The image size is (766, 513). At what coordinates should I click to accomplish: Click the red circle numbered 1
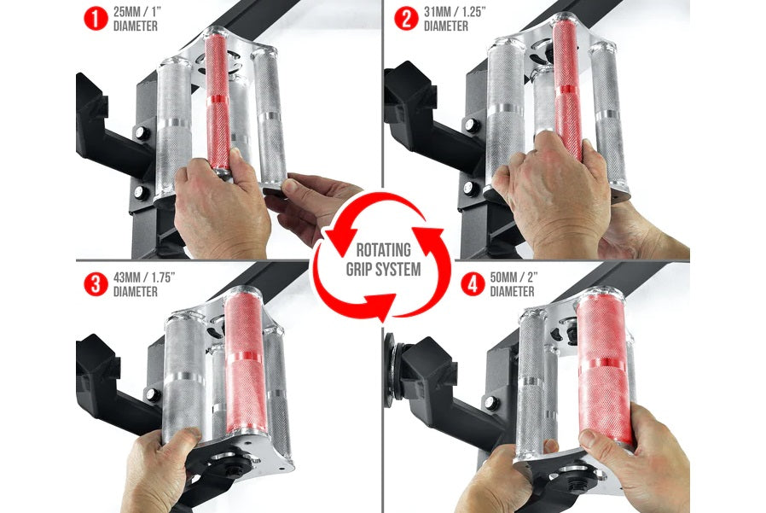96,19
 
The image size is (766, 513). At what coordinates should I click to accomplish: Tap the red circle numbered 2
406,19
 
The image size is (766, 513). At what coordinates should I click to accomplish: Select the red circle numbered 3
96,284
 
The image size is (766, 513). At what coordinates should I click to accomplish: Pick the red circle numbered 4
473,284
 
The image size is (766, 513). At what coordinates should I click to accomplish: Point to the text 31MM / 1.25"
455,11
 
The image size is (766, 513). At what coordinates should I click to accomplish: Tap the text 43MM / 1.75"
144,277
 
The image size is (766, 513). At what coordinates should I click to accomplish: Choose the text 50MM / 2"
514,277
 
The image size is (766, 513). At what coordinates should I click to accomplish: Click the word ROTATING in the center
384,250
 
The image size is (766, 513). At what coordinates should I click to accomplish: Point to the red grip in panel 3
245,361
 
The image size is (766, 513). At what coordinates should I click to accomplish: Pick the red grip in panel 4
605,368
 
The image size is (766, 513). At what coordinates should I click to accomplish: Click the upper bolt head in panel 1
142,132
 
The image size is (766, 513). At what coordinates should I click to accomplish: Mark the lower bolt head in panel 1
142,192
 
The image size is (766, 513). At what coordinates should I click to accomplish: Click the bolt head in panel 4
491,403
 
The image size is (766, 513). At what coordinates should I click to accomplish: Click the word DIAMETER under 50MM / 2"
512,291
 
